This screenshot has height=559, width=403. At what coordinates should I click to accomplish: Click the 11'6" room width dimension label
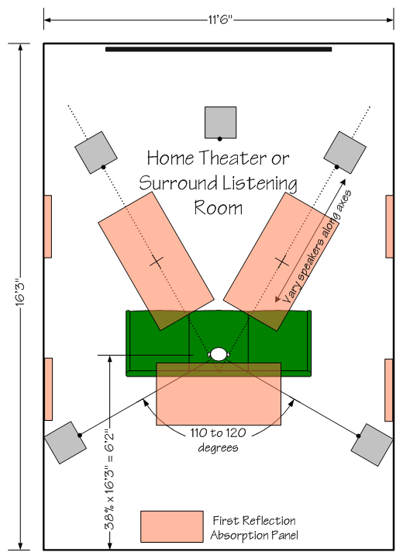click(220, 19)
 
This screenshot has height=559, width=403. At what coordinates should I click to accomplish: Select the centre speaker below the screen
click(220, 123)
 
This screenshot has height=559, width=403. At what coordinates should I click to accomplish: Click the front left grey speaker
click(96, 152)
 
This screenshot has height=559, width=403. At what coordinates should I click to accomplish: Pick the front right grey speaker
click(345, 152)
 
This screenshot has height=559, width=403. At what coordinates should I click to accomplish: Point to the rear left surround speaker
click(65, 443)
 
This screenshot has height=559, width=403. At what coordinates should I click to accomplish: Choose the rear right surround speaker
click(372, 445)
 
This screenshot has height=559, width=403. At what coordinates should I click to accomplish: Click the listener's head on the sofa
click(219, 354)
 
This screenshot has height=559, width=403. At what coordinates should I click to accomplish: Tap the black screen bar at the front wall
click(219, 49)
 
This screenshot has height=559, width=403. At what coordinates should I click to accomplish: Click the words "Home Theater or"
click(218, 158)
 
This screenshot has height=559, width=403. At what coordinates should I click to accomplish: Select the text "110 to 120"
click(218, 432)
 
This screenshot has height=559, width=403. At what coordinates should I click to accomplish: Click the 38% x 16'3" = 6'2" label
click(109, 481)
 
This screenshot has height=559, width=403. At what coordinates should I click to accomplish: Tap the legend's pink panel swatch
click(172, 526)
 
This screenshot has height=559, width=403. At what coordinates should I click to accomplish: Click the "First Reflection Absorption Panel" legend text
click(254, 528)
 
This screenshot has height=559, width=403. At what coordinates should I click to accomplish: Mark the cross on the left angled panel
click(157, 262)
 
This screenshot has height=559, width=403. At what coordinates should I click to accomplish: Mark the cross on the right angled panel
click(282, 262)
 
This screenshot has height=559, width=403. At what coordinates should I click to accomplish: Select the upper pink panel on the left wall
click(48, 227)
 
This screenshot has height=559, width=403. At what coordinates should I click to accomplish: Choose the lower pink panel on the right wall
click(389, 390)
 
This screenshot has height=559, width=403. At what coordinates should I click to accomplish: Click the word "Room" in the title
click(219, 208)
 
